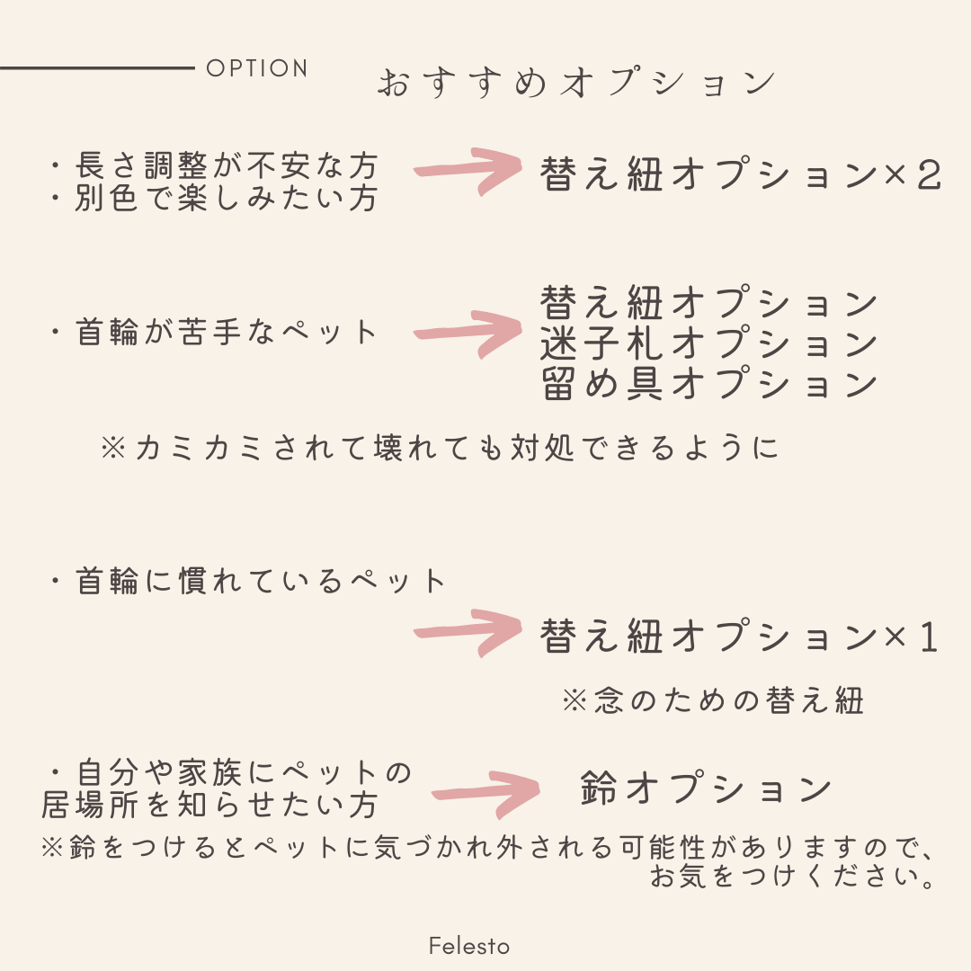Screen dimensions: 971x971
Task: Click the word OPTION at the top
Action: (x=257, y=68)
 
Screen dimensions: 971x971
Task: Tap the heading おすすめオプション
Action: (x=575, y=83)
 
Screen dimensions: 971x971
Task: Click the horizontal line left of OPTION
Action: (x=97, y=67)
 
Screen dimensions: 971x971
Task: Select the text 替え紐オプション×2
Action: (x=741, y=175)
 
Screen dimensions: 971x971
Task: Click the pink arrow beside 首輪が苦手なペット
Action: (x=468, y=334)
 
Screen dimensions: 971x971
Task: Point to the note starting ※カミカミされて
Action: (x=441, y=448)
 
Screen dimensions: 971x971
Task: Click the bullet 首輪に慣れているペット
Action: (x=247, y=582)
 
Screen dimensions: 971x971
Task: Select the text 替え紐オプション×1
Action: (x=741, y=637)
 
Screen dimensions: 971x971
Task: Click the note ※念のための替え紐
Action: (x=712, y=699)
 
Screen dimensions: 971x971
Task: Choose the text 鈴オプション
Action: (x=707, y=788)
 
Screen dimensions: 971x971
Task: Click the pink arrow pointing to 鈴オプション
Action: (x=485, y=793)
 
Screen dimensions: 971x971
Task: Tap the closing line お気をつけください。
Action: (x=791, y=876)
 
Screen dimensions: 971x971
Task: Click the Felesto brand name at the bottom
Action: (x=469, y=946)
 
